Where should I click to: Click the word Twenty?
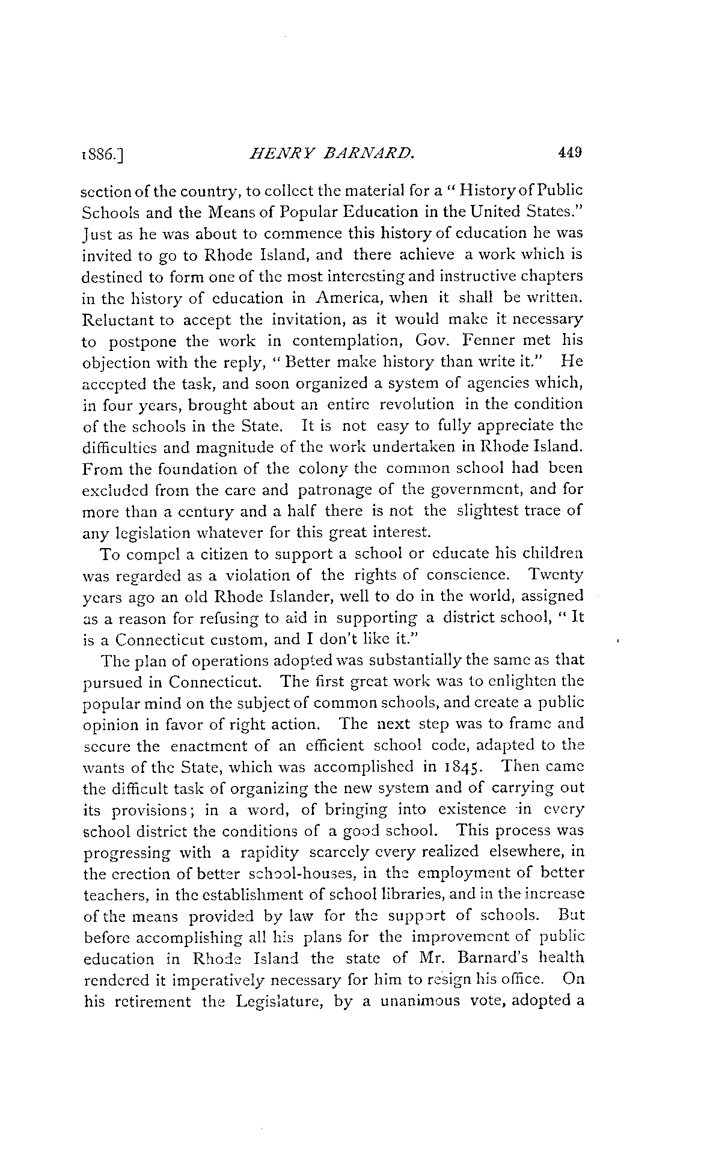pyautogui.click(x=554, y=574)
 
